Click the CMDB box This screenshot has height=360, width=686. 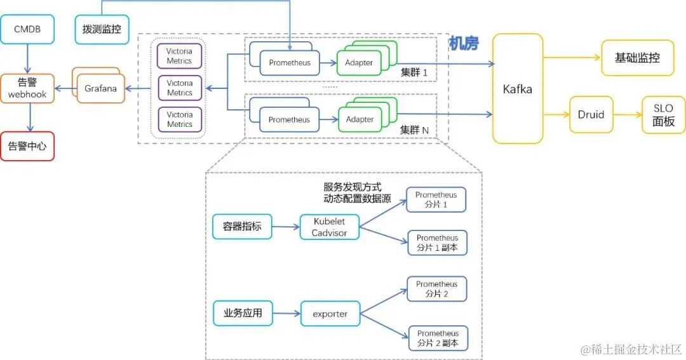(27, 29)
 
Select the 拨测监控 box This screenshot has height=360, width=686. (102, 29)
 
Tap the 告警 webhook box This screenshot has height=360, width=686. (27, 89)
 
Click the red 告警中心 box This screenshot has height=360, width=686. (27, 146)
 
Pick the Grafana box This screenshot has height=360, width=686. (100, 89)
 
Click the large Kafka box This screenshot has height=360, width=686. (518, 89)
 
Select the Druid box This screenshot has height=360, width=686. (591, 115)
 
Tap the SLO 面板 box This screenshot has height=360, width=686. (664, 115)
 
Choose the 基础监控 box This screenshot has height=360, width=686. (637, 58)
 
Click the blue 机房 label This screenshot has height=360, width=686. (464, 43)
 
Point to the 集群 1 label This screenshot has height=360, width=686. (414, 72)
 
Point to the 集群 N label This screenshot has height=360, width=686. (414, 130)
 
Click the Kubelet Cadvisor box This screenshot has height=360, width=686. (329, 227)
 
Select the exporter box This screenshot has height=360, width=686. (330, 314)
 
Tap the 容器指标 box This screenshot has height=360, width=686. (242, 227)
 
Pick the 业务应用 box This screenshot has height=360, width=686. (242, 313)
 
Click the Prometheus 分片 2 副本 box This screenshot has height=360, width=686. (438, 338)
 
